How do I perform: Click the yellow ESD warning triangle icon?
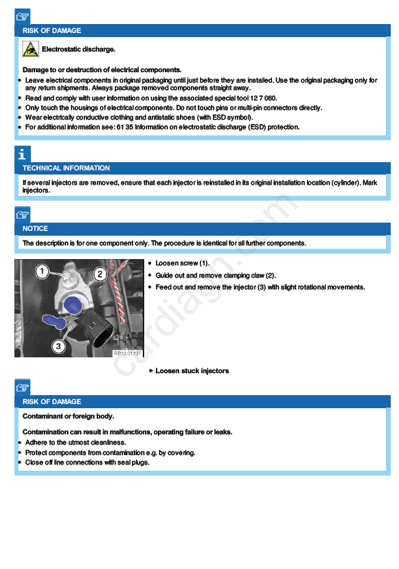tap(30, 49)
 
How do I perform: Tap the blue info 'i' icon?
tap(23, 154)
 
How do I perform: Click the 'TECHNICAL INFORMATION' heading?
tap(66, 168)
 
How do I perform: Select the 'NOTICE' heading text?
tap(35, 229)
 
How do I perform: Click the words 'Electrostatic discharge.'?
tap(78, 49)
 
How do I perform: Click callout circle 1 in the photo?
tap(42, 271)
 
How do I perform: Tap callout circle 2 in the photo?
tap(100, 274)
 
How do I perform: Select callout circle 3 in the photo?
tap(58, 346)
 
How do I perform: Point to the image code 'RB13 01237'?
tap(127, 353)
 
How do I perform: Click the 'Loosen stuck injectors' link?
tap(192, 371)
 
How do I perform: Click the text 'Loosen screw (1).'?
tap(183, 263)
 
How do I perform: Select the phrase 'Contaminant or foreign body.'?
tap(68, 416)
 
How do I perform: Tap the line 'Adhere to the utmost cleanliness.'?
tap(76, 443)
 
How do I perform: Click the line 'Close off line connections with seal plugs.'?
tap(87, 462)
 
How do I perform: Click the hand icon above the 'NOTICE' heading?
tap(23, 214)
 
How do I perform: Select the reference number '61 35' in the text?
tap(125, 127)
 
